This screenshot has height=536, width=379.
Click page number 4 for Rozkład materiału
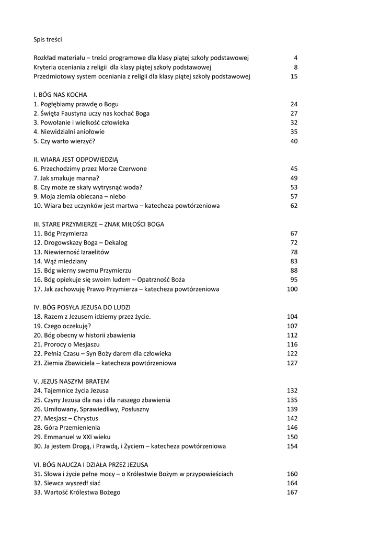pyautogui.click(x=295, y=58)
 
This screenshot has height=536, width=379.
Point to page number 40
pyautogui.click(x=294, y=141)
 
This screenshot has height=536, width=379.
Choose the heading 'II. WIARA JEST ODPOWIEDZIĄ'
pyautogui.click(x=76, y=160)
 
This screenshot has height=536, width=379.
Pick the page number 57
pyautogui.click(x=294, y=196)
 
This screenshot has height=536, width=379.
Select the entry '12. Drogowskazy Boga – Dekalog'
pyautogui.click(x=81, y=243)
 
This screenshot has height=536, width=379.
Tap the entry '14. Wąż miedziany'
pyautogui.click(x=60, y=261)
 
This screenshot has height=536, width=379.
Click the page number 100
pyautogui.click(x=292, y=289)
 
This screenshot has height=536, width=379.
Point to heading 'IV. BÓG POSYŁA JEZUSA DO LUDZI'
pyautogui.click(x=82, y=307)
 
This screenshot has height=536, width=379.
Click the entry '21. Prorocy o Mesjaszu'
pyautogui.click(x=66, y=344)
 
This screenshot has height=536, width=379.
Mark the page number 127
pyautogui.click(x=292, y=363)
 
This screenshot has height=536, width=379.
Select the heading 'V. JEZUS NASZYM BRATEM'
pyautogui.click(x=72, y=382)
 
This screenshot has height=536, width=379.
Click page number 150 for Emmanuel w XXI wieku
pyautogui.click(x=292, y=437)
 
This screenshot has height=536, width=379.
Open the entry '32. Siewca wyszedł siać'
pyautogui.click(x=66, y=483)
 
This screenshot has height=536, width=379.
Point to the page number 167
pyautogui.click(x=292, y=493)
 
